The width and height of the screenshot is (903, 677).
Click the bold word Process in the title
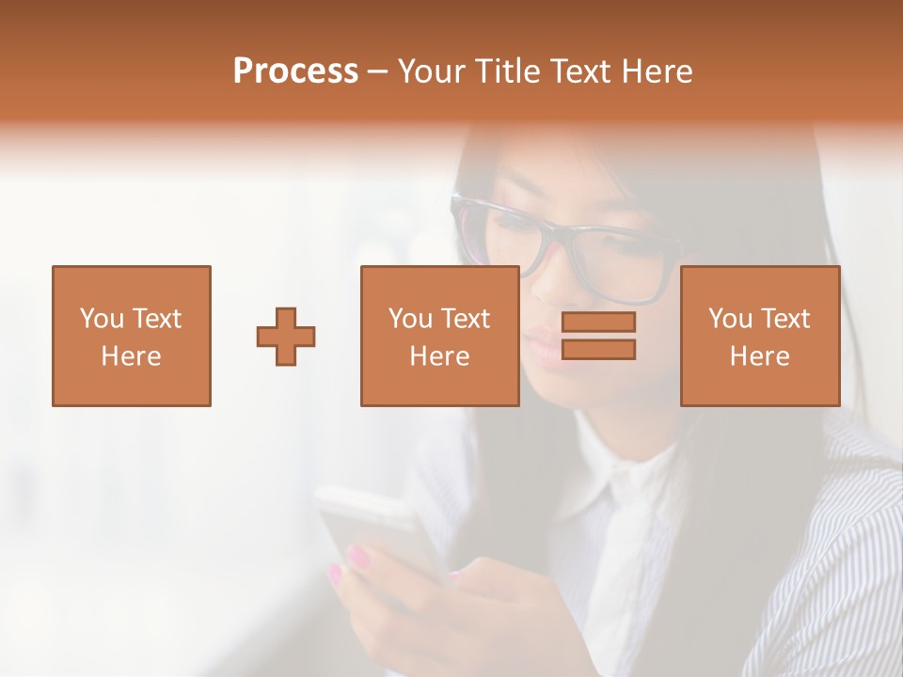pos(295,71)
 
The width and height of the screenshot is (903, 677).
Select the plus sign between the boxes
pos(286,336)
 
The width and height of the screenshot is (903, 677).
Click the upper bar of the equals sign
pos(598,323)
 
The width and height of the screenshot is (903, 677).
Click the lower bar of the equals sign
pos(598,350)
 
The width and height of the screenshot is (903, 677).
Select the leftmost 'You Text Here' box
pos(132,336)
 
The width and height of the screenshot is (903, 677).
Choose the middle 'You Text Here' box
pos(439,336)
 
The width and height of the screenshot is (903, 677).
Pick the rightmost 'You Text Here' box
pos(759,336)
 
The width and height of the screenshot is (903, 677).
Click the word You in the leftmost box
pos(101,319)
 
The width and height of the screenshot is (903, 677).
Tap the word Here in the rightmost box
pos(759,356)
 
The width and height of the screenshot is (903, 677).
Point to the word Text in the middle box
pos(466,319)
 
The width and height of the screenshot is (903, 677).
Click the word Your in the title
pos(431,71)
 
